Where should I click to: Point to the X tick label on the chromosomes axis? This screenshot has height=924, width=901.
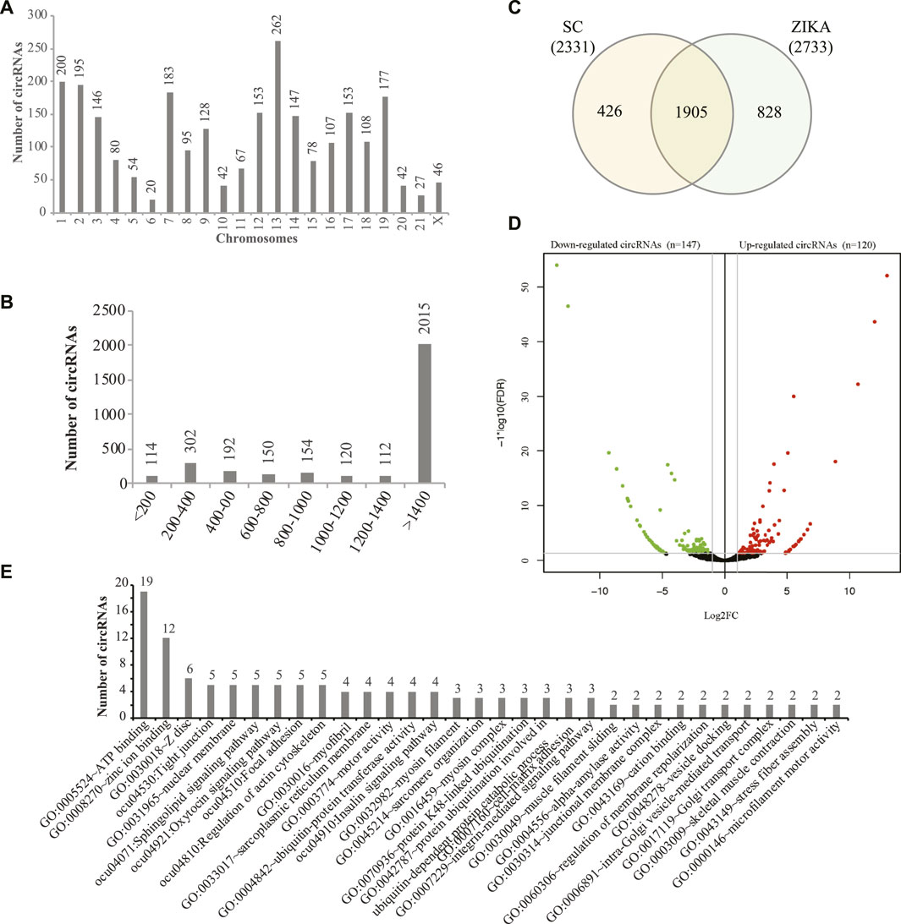coord(437,223)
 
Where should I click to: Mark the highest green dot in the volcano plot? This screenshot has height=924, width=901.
coord(557,265)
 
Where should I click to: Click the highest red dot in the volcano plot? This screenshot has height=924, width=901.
coord(887,276)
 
